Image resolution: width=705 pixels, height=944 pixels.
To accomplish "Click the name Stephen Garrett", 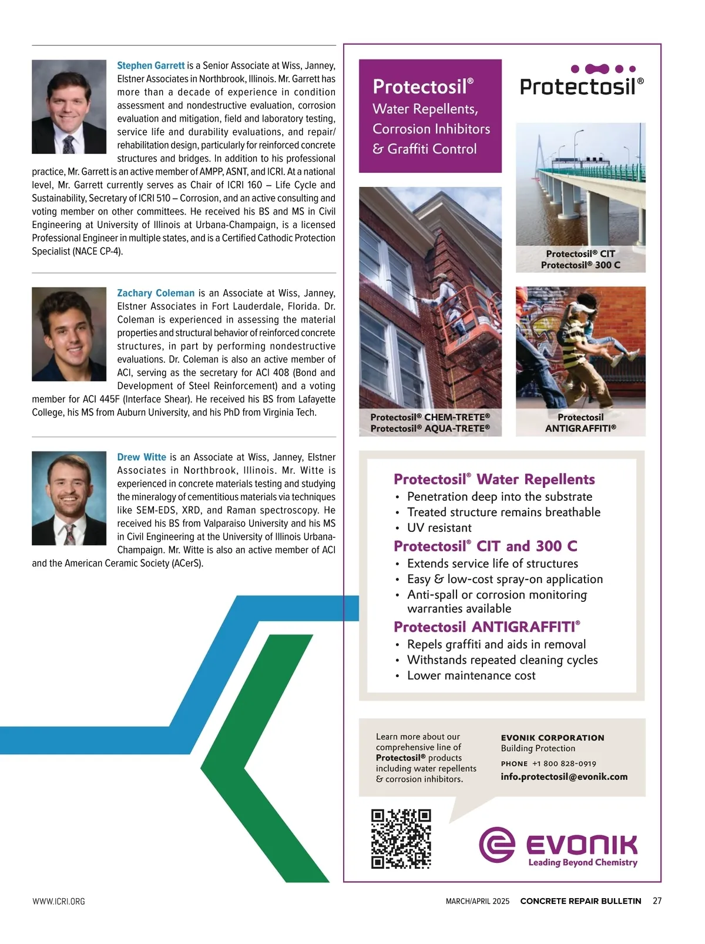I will [150, 66].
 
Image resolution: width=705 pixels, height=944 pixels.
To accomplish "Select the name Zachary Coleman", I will [156, 293].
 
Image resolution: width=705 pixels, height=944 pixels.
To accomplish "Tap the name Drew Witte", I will [142, 457].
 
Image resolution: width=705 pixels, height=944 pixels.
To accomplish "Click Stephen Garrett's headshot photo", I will [69, 107].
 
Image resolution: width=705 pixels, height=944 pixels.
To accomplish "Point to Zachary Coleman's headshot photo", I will [69, 334].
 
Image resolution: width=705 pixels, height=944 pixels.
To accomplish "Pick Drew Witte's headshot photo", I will [69, 498].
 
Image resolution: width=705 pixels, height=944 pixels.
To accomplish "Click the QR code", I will [401, 839].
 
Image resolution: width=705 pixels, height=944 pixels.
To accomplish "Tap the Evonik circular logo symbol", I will [497, 845].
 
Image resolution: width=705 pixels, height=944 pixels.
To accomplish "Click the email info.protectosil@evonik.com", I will [564, 776].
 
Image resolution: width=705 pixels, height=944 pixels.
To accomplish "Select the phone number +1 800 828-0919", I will [564, 764].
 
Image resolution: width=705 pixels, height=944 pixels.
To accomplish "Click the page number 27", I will [657, 901].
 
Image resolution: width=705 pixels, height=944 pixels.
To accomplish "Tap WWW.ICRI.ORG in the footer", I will [59, 902].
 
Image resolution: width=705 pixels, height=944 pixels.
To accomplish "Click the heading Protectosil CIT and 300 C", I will [485, 546].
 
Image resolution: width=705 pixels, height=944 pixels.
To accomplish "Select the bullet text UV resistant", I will [439, 528].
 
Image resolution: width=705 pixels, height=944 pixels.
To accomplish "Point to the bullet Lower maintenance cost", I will [471, 675].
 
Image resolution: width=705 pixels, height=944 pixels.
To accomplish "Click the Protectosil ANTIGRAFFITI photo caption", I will [580, 423].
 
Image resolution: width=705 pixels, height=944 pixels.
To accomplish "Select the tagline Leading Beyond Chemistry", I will [583, 862].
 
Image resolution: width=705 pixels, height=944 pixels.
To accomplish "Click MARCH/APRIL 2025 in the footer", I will [478, 902].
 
